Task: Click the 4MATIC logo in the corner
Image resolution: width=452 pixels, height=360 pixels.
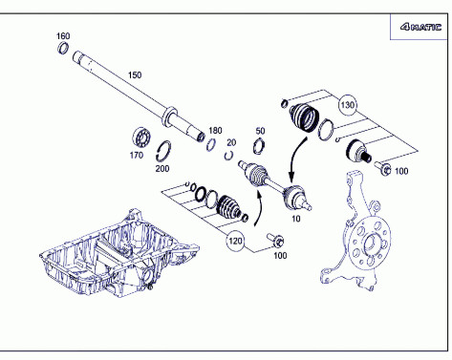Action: click(x=420, y=27)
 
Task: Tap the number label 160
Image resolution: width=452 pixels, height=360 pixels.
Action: click(x=63, y=36)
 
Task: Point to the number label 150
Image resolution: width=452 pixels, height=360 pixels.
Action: click(x=135, y=75)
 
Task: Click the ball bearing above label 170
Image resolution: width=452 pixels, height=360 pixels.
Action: click(x=141, y=137)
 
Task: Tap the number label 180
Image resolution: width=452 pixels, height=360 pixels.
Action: click(x=215, y=131)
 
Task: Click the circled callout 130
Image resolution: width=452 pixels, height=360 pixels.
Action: click(x=347, y=105)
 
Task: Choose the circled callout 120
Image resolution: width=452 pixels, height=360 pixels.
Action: click(x=235, y=241)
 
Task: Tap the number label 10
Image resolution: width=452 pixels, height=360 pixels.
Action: click(x=296, y=219)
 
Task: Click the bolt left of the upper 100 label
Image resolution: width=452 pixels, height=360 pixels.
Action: click(x=383, y=168)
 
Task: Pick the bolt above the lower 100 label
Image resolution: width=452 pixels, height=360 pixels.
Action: click(x=276, y=240)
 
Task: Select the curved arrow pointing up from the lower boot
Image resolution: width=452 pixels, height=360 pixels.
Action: click(x=260, y=207)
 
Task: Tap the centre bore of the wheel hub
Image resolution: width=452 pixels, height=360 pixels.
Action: click(x=370, y=244)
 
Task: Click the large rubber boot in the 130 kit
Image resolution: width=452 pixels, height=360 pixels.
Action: click(x=304, y=117)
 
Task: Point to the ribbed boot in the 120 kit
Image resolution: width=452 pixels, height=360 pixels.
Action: click(x=228, y=206)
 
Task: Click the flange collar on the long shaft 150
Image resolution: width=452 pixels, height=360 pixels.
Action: click(x=169, y=116)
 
